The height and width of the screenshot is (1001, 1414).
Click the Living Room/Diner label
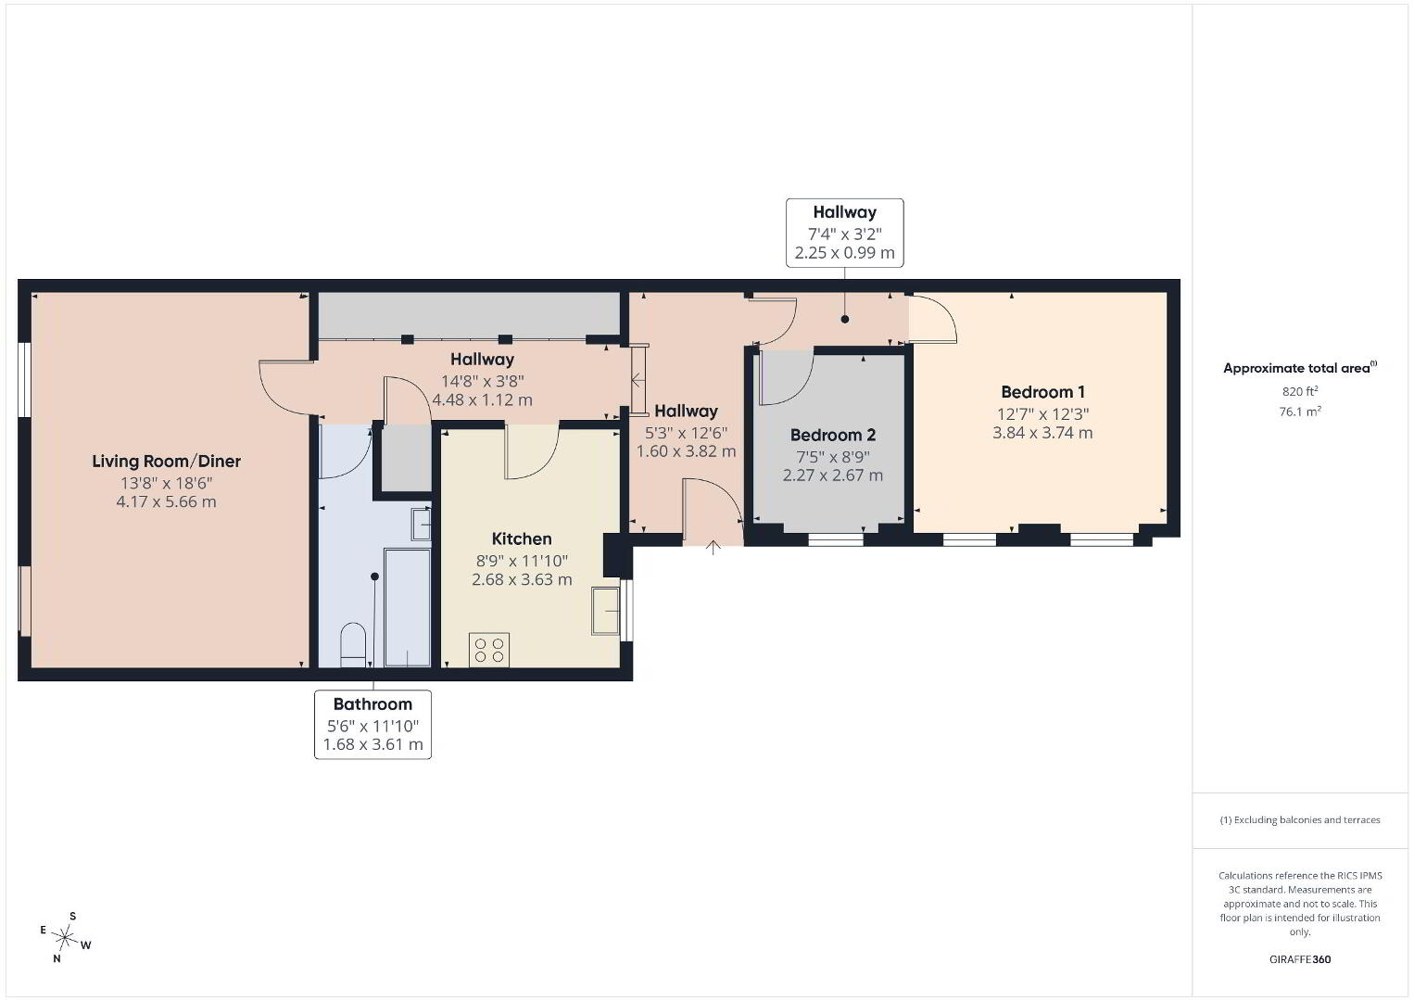point(167,461)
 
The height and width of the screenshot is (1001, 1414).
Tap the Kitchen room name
point(522,539)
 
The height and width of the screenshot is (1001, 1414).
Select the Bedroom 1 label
point(1042,392)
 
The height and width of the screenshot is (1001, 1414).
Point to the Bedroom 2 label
point(833,435)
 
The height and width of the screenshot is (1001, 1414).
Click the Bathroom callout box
point(373,725)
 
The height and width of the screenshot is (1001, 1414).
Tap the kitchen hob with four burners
point(488,650)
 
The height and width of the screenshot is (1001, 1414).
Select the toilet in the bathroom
point(353,645)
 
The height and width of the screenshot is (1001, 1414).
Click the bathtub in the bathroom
point(407,607)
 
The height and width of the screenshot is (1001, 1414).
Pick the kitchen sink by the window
point(605,611)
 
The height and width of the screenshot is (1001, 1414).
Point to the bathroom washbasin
point(421,525)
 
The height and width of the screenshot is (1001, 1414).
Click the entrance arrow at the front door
point(713,547)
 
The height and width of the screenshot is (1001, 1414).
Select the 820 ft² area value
point(1300,391)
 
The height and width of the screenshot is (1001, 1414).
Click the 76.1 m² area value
point(1300,412)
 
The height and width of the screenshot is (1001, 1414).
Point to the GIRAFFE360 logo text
point(1300,959)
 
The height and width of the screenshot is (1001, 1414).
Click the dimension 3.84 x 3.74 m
point(1042,433)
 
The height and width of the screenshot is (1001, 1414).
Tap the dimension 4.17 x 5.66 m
point(167,501)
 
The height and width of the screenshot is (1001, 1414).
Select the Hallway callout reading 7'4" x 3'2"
point(845,233)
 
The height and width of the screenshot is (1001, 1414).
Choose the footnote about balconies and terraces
point(1300,819)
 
